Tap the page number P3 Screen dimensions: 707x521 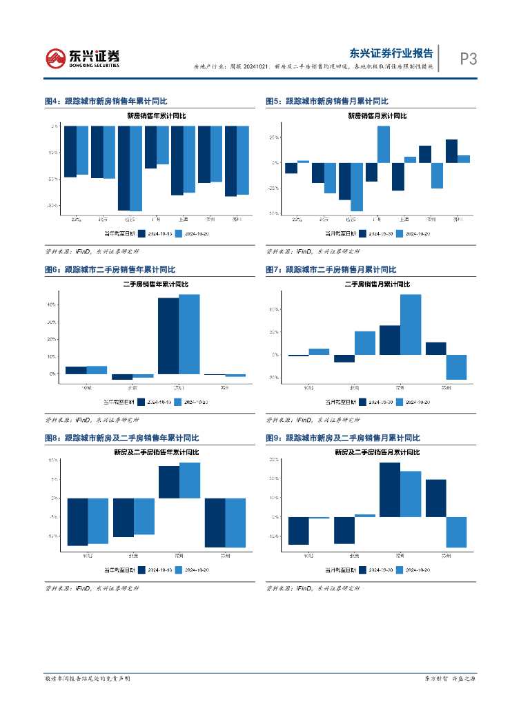pos(469,59)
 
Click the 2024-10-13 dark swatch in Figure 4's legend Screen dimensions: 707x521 pos(141,233)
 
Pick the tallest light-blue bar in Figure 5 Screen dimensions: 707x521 pos(383,144)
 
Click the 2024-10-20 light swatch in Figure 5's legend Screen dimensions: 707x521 pos(399,233)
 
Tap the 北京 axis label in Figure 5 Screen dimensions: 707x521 pos(324,220)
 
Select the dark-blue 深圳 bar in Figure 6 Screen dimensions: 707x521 pos(168,336)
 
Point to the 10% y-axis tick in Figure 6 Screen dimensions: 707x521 pos(52,357)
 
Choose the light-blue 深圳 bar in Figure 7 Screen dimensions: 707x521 pos(411,325)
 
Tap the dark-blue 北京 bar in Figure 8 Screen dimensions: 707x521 pos(124,517)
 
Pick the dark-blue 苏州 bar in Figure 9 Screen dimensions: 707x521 pos(435,498)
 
